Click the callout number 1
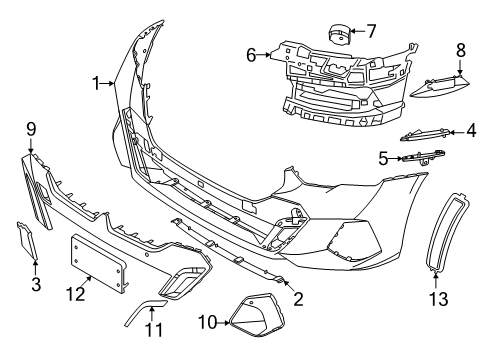(97, 84)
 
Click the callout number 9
(31, 128)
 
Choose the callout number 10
(208, 322)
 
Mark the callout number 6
(251, 57)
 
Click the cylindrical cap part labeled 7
(336, 35)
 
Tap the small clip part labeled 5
(425, 156)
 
